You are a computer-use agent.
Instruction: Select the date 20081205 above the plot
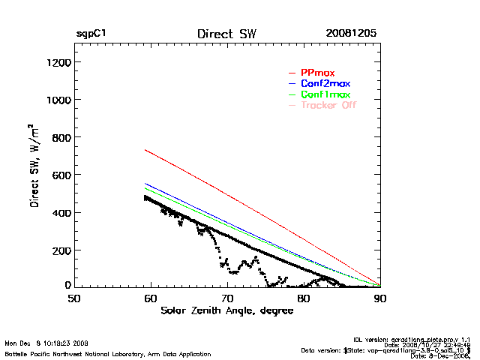351,34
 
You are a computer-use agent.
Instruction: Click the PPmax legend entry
316,72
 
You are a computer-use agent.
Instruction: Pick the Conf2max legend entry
324,83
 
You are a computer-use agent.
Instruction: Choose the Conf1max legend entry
324,94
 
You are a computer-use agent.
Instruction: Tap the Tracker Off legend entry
328,105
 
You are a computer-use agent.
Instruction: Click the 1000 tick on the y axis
58,100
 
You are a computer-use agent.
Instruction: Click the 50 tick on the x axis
74,298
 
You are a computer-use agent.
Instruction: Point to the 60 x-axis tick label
151,298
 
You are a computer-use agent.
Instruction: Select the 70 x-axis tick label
227,298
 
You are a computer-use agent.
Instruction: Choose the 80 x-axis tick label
304,298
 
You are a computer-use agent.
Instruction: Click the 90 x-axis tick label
380,298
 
